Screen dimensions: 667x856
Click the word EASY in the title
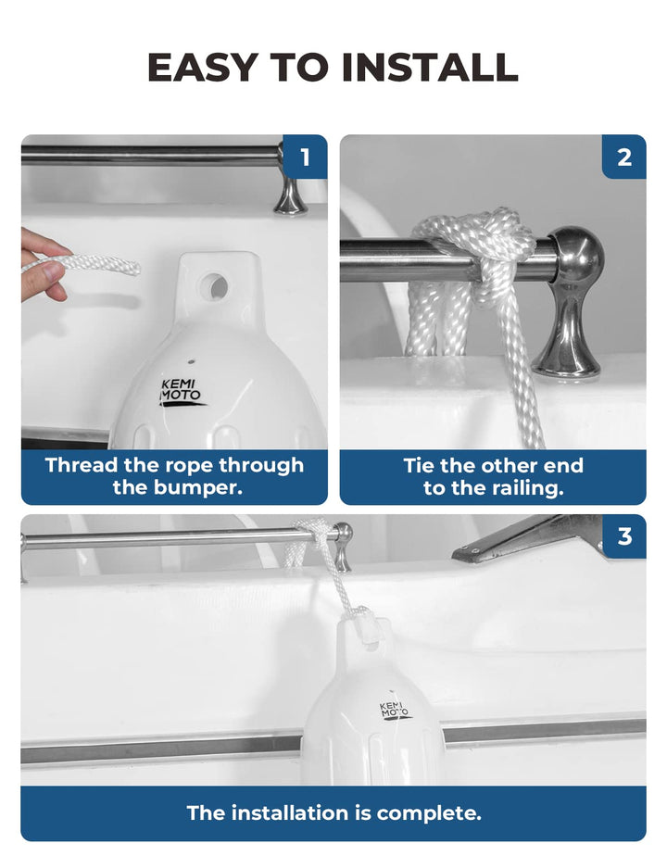click(201, 67)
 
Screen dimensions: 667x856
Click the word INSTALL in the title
click(430, 67)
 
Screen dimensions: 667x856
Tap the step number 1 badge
click(305, 157)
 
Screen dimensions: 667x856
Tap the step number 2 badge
click(623, 157)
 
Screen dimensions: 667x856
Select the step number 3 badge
click(624, 536)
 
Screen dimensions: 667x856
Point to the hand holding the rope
click(43, 265)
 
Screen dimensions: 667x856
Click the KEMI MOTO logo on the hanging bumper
click(394, 711)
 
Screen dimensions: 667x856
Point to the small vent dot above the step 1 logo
click(191, 361)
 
